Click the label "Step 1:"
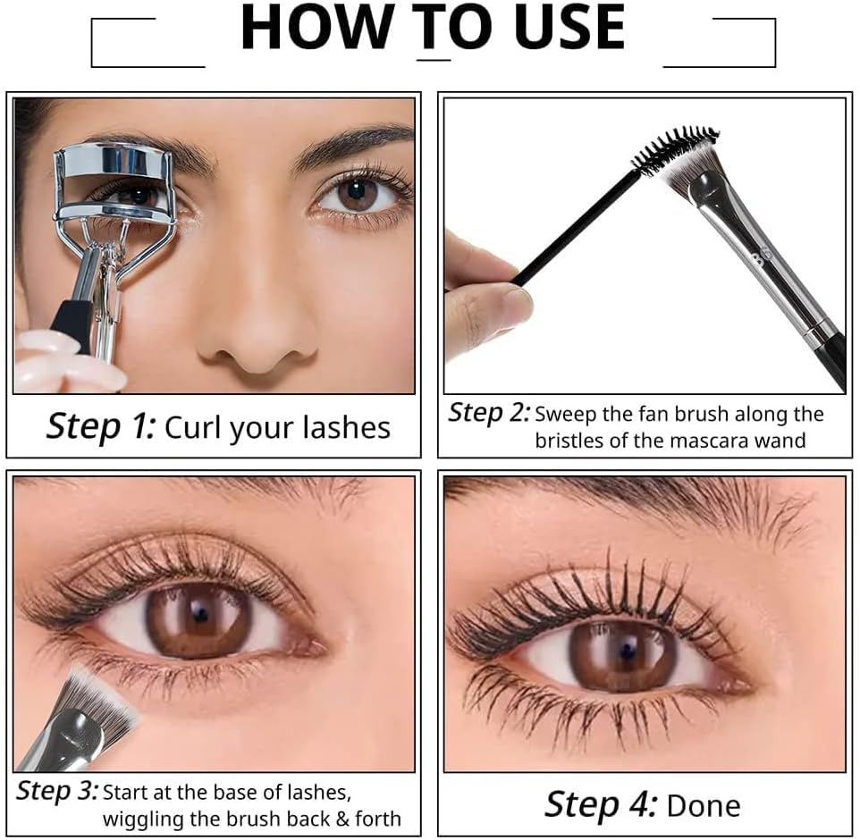tap(100, 426)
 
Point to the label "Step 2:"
tap(489, 413)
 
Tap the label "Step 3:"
tap(56, 791)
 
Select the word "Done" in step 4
tap(704, 805)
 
